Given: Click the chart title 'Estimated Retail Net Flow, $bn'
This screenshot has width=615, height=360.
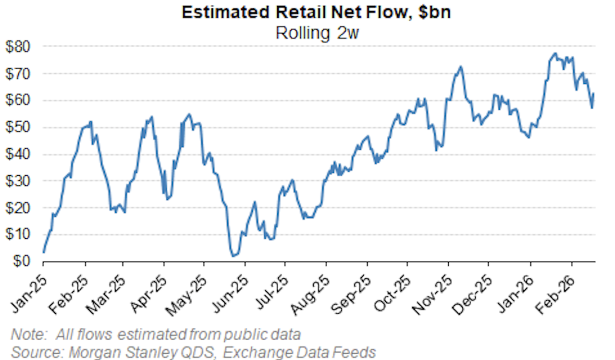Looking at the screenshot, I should [316, 12].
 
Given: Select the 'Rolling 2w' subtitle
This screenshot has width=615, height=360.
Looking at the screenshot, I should [316, 33].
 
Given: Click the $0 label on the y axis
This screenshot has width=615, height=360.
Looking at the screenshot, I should [21, 262].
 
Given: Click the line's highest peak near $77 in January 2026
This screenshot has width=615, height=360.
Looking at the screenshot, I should [555, 53].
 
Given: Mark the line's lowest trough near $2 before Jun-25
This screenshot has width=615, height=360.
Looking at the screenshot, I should [234, 256].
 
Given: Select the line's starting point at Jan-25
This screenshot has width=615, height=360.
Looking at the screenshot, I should [44, 252].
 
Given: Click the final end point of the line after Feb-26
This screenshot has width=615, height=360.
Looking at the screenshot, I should [594, 93].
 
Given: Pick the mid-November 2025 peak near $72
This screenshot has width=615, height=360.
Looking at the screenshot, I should [460, 66].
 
